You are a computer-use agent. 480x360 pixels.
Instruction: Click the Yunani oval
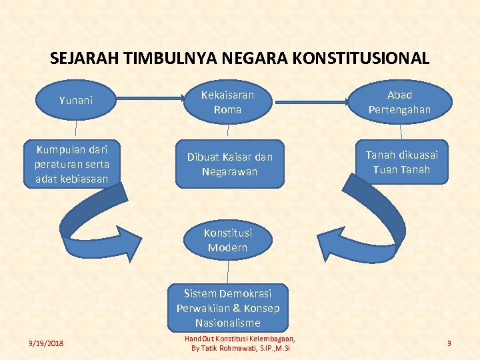pyautogui.click(x=76, y=101)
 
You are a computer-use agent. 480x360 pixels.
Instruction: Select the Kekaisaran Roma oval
pyautogui.click(x=227, y=102)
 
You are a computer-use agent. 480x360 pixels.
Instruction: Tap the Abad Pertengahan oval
pyautogui.click(x=400, y=102)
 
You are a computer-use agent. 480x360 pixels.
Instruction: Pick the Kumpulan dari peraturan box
pyautogui.click(x=73, y=163)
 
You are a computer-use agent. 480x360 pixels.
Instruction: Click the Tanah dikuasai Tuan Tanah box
pyautogui.click(x=401, y=163)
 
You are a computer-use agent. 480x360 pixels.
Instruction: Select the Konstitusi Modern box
pyautogui.click(x=227, y=241)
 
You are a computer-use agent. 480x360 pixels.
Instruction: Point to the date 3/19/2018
pyautogui.click(x=46, y=343)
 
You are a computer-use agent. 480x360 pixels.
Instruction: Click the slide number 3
pyautogui.click(x=449, y=343)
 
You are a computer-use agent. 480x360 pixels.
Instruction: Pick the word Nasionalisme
pyautogui.click(x=228, y=323)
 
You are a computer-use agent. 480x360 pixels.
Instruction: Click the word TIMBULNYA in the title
pyautogui.click(x=161, y=58)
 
